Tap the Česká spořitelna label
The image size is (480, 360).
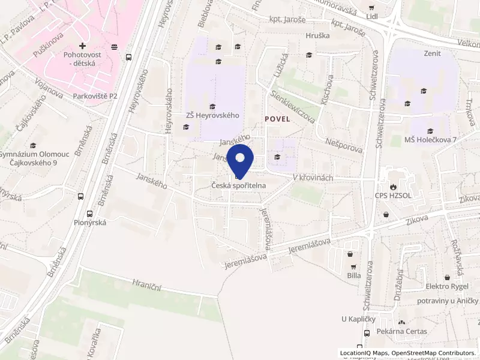pos(239,186)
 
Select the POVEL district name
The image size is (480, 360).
pos(277,119)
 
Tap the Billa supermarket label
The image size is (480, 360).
pos(353,275)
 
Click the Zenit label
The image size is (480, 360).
pos(431,53)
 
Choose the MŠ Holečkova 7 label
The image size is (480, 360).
pos(430,140)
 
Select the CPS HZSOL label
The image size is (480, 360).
pos(395,196)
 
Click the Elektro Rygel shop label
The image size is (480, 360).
pos(446,286)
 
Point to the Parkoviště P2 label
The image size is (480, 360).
pos(96,96)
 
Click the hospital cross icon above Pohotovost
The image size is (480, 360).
pos(82,46)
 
